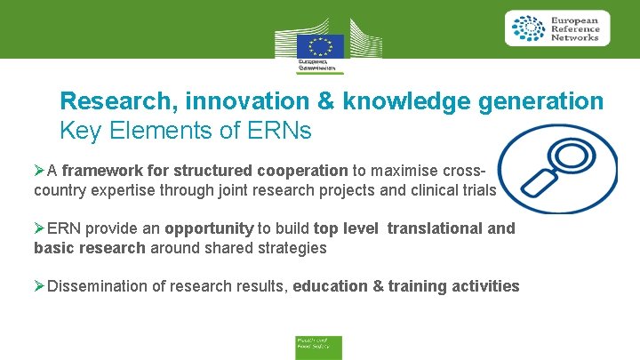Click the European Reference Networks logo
point(557,28)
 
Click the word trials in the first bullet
point(476,189)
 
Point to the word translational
point(433,228)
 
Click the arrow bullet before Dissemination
point(39,286)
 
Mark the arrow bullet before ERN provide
point(39,228)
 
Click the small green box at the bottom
point(318,347)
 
